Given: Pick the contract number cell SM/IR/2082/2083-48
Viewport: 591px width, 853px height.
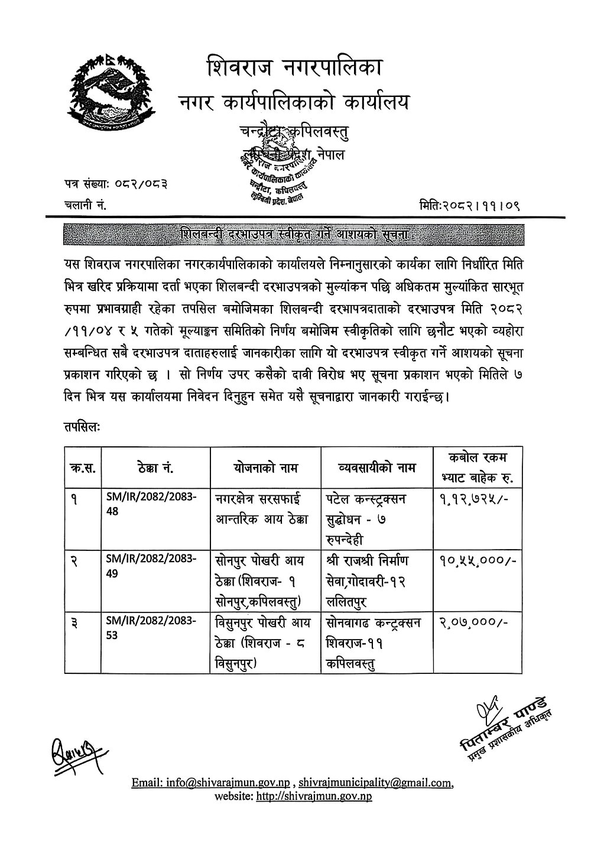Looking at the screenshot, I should (152, 505).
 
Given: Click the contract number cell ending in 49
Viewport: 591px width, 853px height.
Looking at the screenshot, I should (152, 566).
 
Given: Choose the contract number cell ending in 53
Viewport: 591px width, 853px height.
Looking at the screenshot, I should (152, 627).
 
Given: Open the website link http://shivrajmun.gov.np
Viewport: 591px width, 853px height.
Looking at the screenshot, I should (314, 796).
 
